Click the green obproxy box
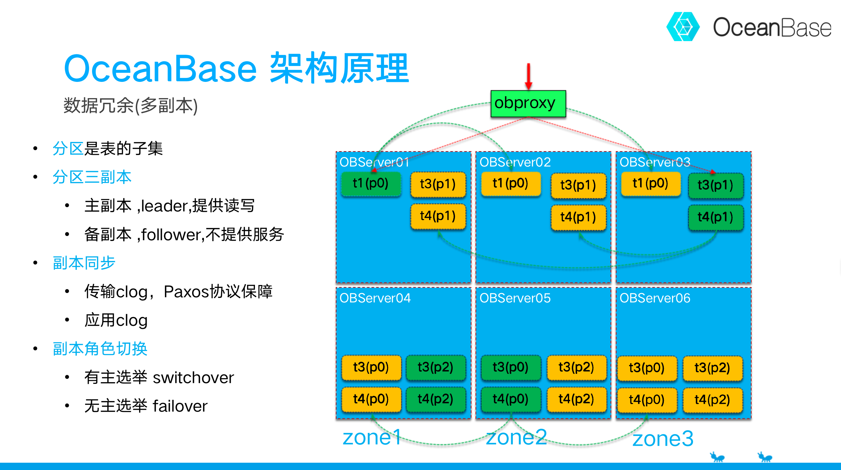(528, 103)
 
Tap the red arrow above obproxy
(528, 76)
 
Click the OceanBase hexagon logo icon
(683, 27)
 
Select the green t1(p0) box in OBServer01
(371, 183)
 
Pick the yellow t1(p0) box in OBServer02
(510, 183)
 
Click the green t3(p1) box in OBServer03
(715, 185)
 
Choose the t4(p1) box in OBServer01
(438, 216)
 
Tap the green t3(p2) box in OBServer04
(435, 367)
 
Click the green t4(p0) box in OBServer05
(510, 399)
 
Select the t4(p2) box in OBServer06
(712, 400)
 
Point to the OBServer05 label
(515, 298)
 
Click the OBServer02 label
(515, 162)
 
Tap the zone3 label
(663, 439)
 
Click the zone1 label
(372, 437)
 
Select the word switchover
(193, 378)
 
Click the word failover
(180, 406)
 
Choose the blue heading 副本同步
(84, 263)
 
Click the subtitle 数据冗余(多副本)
(130, 106)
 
